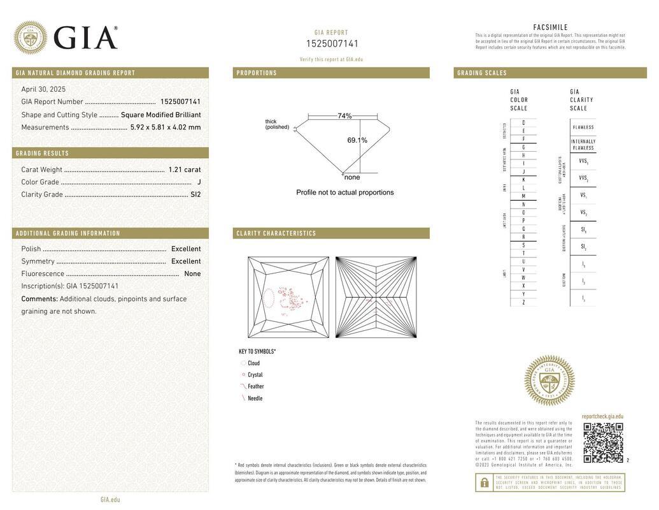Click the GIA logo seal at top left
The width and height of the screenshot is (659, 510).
30,38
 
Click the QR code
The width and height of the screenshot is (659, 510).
603,442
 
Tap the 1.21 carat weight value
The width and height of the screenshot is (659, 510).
185,170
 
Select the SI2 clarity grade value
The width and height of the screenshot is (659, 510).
195,194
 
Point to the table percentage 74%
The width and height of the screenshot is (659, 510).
344,116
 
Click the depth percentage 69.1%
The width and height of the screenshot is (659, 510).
357,140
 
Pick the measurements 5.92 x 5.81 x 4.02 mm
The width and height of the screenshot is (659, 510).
166,127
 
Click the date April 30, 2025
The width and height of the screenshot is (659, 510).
43,89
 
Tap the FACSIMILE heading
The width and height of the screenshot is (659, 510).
550,27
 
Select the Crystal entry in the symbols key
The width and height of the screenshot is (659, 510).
255,375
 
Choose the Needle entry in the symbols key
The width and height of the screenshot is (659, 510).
255,398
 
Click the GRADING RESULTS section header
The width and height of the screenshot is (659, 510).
43,154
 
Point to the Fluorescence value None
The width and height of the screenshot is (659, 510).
192,274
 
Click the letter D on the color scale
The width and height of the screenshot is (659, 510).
523,122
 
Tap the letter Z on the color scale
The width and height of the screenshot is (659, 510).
523,302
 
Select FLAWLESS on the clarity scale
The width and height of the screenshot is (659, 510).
583,127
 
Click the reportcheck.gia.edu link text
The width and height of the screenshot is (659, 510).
602,416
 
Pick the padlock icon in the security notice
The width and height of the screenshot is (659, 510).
484,483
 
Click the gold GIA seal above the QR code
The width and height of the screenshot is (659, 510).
549,381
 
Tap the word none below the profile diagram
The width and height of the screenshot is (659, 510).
352,177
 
